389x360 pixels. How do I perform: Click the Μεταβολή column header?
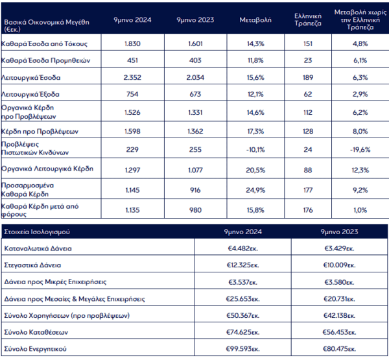pos(255,20)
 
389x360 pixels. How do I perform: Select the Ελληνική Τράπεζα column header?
pos(308,20)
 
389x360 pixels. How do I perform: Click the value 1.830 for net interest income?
pos(132,43)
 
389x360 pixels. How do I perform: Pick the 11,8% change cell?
pos(255,60)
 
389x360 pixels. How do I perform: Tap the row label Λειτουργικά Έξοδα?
pos(30,94)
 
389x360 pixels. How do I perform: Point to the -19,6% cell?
pos(360,150)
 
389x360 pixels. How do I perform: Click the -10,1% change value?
pos(255,150)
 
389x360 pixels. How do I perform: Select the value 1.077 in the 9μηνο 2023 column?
pos(195,170)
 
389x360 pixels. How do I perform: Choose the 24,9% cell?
pos(255,190)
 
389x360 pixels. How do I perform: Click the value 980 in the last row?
pos(195,210)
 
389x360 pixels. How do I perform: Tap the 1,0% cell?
pos(360,210)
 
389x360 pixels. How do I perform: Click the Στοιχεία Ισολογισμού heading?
pos(37,232)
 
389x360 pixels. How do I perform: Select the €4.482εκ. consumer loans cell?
pos(243,248)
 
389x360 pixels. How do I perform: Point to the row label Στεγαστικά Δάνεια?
pos(32,265)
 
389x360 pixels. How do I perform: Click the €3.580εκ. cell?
pos(339,282)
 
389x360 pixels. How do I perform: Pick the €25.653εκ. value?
pos(243,298)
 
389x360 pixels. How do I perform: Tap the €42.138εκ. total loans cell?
pos(339,315)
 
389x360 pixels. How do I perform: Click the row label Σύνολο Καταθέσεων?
pos(36,332)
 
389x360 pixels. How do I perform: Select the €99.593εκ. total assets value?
pos(243,349)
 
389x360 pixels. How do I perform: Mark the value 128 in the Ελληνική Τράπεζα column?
pos(308,131)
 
